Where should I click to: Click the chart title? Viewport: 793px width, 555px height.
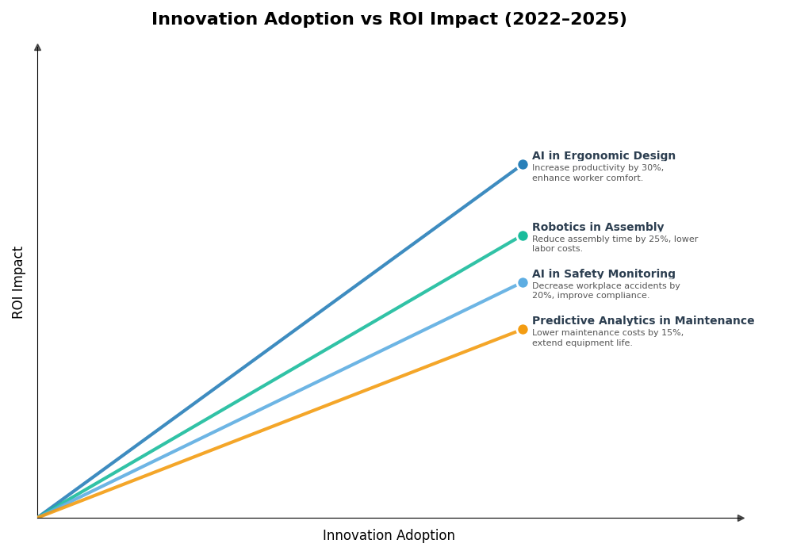(389, 20)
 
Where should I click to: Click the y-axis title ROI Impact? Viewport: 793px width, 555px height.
(18, 282)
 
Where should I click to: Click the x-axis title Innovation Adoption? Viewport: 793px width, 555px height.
(389, 536)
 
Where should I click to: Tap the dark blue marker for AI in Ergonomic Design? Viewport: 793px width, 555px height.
(523, 165)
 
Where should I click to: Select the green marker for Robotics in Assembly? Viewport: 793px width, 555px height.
(523, 235)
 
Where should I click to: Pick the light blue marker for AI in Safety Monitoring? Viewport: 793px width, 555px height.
(523, 282)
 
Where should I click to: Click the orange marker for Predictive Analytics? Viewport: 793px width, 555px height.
(523, 329)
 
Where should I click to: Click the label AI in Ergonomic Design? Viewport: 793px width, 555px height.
(603, 156)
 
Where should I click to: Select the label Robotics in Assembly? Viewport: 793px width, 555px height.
(598, 228)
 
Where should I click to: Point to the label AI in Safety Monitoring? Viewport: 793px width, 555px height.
(603, 274)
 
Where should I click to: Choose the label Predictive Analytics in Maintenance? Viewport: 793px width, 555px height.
(642, 321)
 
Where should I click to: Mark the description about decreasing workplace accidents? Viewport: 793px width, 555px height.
(606, 286)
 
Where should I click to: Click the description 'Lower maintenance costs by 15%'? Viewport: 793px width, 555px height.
(607, 333)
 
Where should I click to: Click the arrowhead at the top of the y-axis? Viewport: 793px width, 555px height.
(37, 48)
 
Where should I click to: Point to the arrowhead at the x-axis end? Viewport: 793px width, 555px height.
(741, 518)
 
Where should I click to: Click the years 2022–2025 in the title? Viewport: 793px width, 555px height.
(565, 20)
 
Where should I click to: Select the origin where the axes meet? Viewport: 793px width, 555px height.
(37, 518)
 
